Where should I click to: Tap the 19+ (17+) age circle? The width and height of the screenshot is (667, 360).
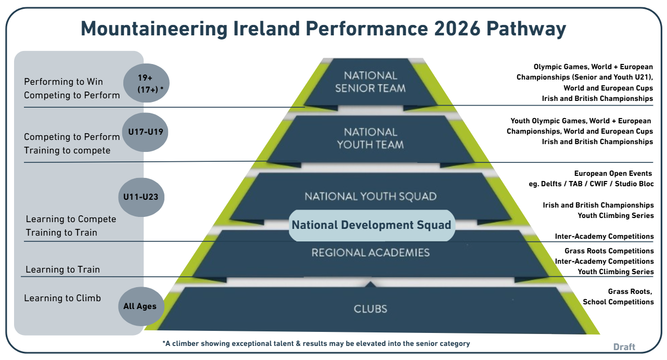[x=147, y=83]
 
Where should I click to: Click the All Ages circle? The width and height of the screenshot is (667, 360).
[x=140, y=306]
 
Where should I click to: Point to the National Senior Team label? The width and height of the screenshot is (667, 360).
[x=370, y=82]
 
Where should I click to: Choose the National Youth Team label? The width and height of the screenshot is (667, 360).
[x=370, y=138]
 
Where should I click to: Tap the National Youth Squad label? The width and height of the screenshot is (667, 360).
[x=370, y=197]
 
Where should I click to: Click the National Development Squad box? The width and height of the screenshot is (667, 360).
[x=371, y=225]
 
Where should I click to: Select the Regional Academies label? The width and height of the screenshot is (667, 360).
[x=370, y=253]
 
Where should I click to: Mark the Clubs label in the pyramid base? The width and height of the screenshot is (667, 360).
[x=370, y=309]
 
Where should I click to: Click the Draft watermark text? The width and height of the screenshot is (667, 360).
[x=624, y=347]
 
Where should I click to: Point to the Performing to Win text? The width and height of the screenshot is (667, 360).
[x=63, y=82]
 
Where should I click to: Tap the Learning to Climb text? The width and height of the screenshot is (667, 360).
[x=62, y=298]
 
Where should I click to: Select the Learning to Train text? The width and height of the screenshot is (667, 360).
[x=62, y=269]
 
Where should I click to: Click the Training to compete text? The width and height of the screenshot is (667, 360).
[x=67, y=150]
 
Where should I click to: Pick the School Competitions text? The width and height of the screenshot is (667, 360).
[x=618, y=302]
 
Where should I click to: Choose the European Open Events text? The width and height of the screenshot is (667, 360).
[x=613, y=173]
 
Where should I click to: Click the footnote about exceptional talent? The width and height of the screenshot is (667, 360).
[x=316, y=343]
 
